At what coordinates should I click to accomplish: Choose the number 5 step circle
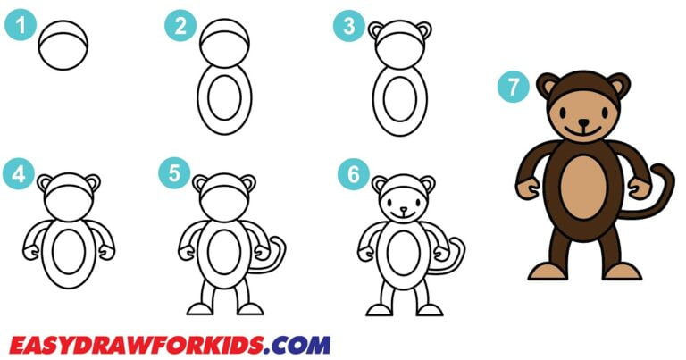coord(173,173)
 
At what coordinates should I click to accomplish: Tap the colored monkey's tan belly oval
coord(584,196)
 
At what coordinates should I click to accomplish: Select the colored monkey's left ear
coord(546,87)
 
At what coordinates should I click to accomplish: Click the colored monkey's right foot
coord(623,270)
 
